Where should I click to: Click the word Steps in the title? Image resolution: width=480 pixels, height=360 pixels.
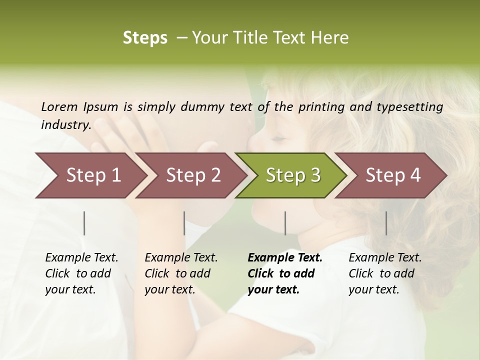coord(145,38)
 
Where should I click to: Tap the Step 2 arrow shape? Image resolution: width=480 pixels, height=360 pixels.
coord(193,175)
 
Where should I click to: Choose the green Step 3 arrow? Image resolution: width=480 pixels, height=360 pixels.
coord(293,175)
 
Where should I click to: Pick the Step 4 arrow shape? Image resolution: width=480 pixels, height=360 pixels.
coord(393,175)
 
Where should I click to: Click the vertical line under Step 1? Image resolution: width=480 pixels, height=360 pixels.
coord(84,223)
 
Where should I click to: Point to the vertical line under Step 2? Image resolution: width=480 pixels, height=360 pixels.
coord(184,223)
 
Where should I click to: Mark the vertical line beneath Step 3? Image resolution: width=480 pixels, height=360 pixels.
coord(285,223)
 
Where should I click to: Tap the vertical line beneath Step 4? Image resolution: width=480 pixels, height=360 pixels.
coord(386,223)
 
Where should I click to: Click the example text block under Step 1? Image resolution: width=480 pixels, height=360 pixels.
coord(81,273)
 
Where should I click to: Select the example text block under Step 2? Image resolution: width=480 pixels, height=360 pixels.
coord(181,273)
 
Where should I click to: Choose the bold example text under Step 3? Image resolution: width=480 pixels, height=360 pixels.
coord(285,273)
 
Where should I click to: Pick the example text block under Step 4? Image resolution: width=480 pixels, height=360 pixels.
coord(385,273)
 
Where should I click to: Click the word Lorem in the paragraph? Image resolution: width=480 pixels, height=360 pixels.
coord(59,106)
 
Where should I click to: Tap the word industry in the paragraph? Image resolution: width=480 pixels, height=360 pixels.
coord(65,124)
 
